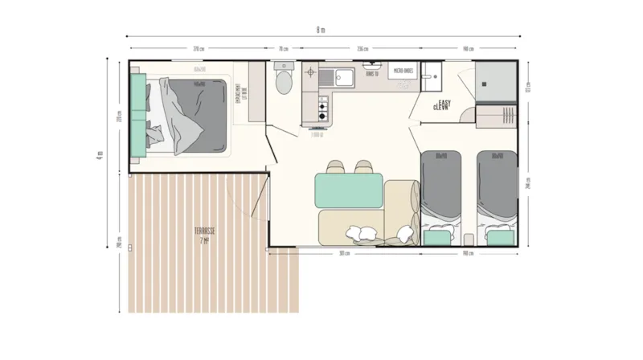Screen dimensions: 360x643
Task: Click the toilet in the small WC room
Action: pyautogui.click(x=283, y=81)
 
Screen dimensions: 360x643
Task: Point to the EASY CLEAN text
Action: pyautogui.click(x=441, y=105)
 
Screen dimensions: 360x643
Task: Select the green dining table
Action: pyautogui.click(x=349, y=190)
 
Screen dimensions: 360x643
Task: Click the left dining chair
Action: pyautogui.click(x=337, y=166)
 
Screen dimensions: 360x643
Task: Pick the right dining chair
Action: pyautogui.click(x=360, y=166)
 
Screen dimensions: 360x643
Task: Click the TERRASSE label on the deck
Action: pyautogui.click(x=203, y=234)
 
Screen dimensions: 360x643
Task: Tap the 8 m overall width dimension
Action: pyautogui.click(x=321, y=31)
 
